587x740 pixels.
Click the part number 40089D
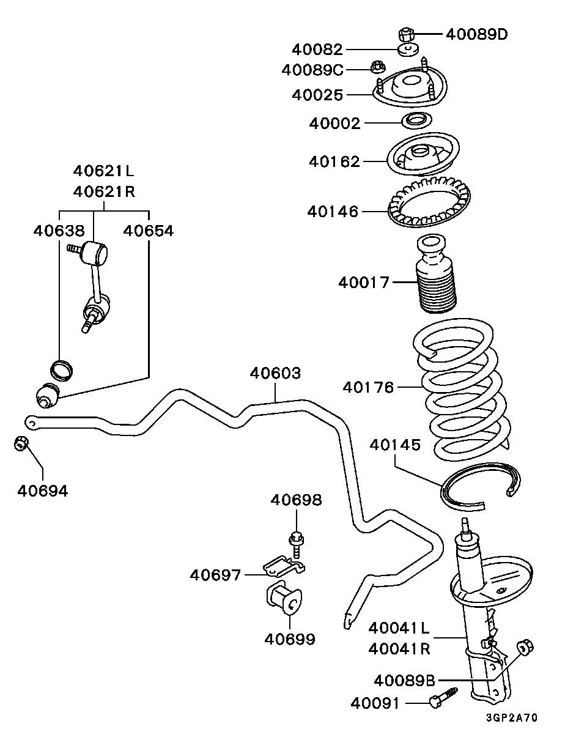(x=476, y=34)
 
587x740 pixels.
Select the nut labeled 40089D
(x=406, y=34)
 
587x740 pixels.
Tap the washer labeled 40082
(x=408, y=50)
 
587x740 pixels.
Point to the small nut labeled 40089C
(x=378, y=67)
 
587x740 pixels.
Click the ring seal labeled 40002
(x=417, y=120)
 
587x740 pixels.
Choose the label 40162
(x=334, y=161)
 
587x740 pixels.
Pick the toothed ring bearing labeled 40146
(x=429, y=202)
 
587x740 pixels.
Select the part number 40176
(x=368, y=387)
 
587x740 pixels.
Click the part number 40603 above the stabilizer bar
(x=275, y=373)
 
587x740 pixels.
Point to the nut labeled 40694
(x=21, y=443)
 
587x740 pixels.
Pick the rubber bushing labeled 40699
(x=284, y=598)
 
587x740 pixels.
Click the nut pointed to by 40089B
(x=525, y=648)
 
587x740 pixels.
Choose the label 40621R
(x=104, y=191)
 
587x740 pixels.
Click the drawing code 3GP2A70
(x=512, y=717)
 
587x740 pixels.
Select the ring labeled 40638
(x=62, y=370)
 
